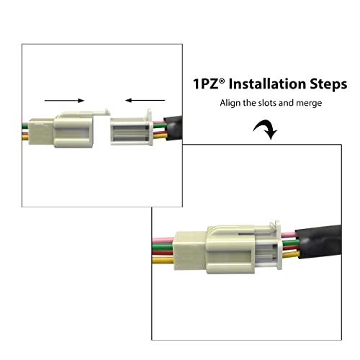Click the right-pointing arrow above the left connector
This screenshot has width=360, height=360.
[x=64, y=101]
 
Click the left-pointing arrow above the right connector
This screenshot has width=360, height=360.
[x=145, y=100]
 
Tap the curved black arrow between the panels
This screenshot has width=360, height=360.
[x=266, y=129]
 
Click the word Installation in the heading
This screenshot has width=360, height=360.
[x=267, y=84]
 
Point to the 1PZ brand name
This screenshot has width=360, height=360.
[x=206, y=84]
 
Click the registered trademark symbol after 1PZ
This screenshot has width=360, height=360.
[x=222, y=81]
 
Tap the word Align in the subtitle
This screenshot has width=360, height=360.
[x=230, y=103]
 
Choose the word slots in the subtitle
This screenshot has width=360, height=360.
[x=268, y=103]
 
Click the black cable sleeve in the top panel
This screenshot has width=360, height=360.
[x=173, y=128]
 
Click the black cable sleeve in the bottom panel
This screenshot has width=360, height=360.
[x=318, y=243]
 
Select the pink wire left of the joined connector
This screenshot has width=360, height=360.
[x=163, y=240]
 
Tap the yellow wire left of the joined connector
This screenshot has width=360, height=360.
[x=163, y=260]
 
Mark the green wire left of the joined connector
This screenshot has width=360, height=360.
[x=163, y=246]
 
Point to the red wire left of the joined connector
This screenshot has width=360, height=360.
[x=163, y=253]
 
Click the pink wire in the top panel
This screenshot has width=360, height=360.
[x=158, y=122]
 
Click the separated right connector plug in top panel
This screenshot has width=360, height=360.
[x=132, y=128]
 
